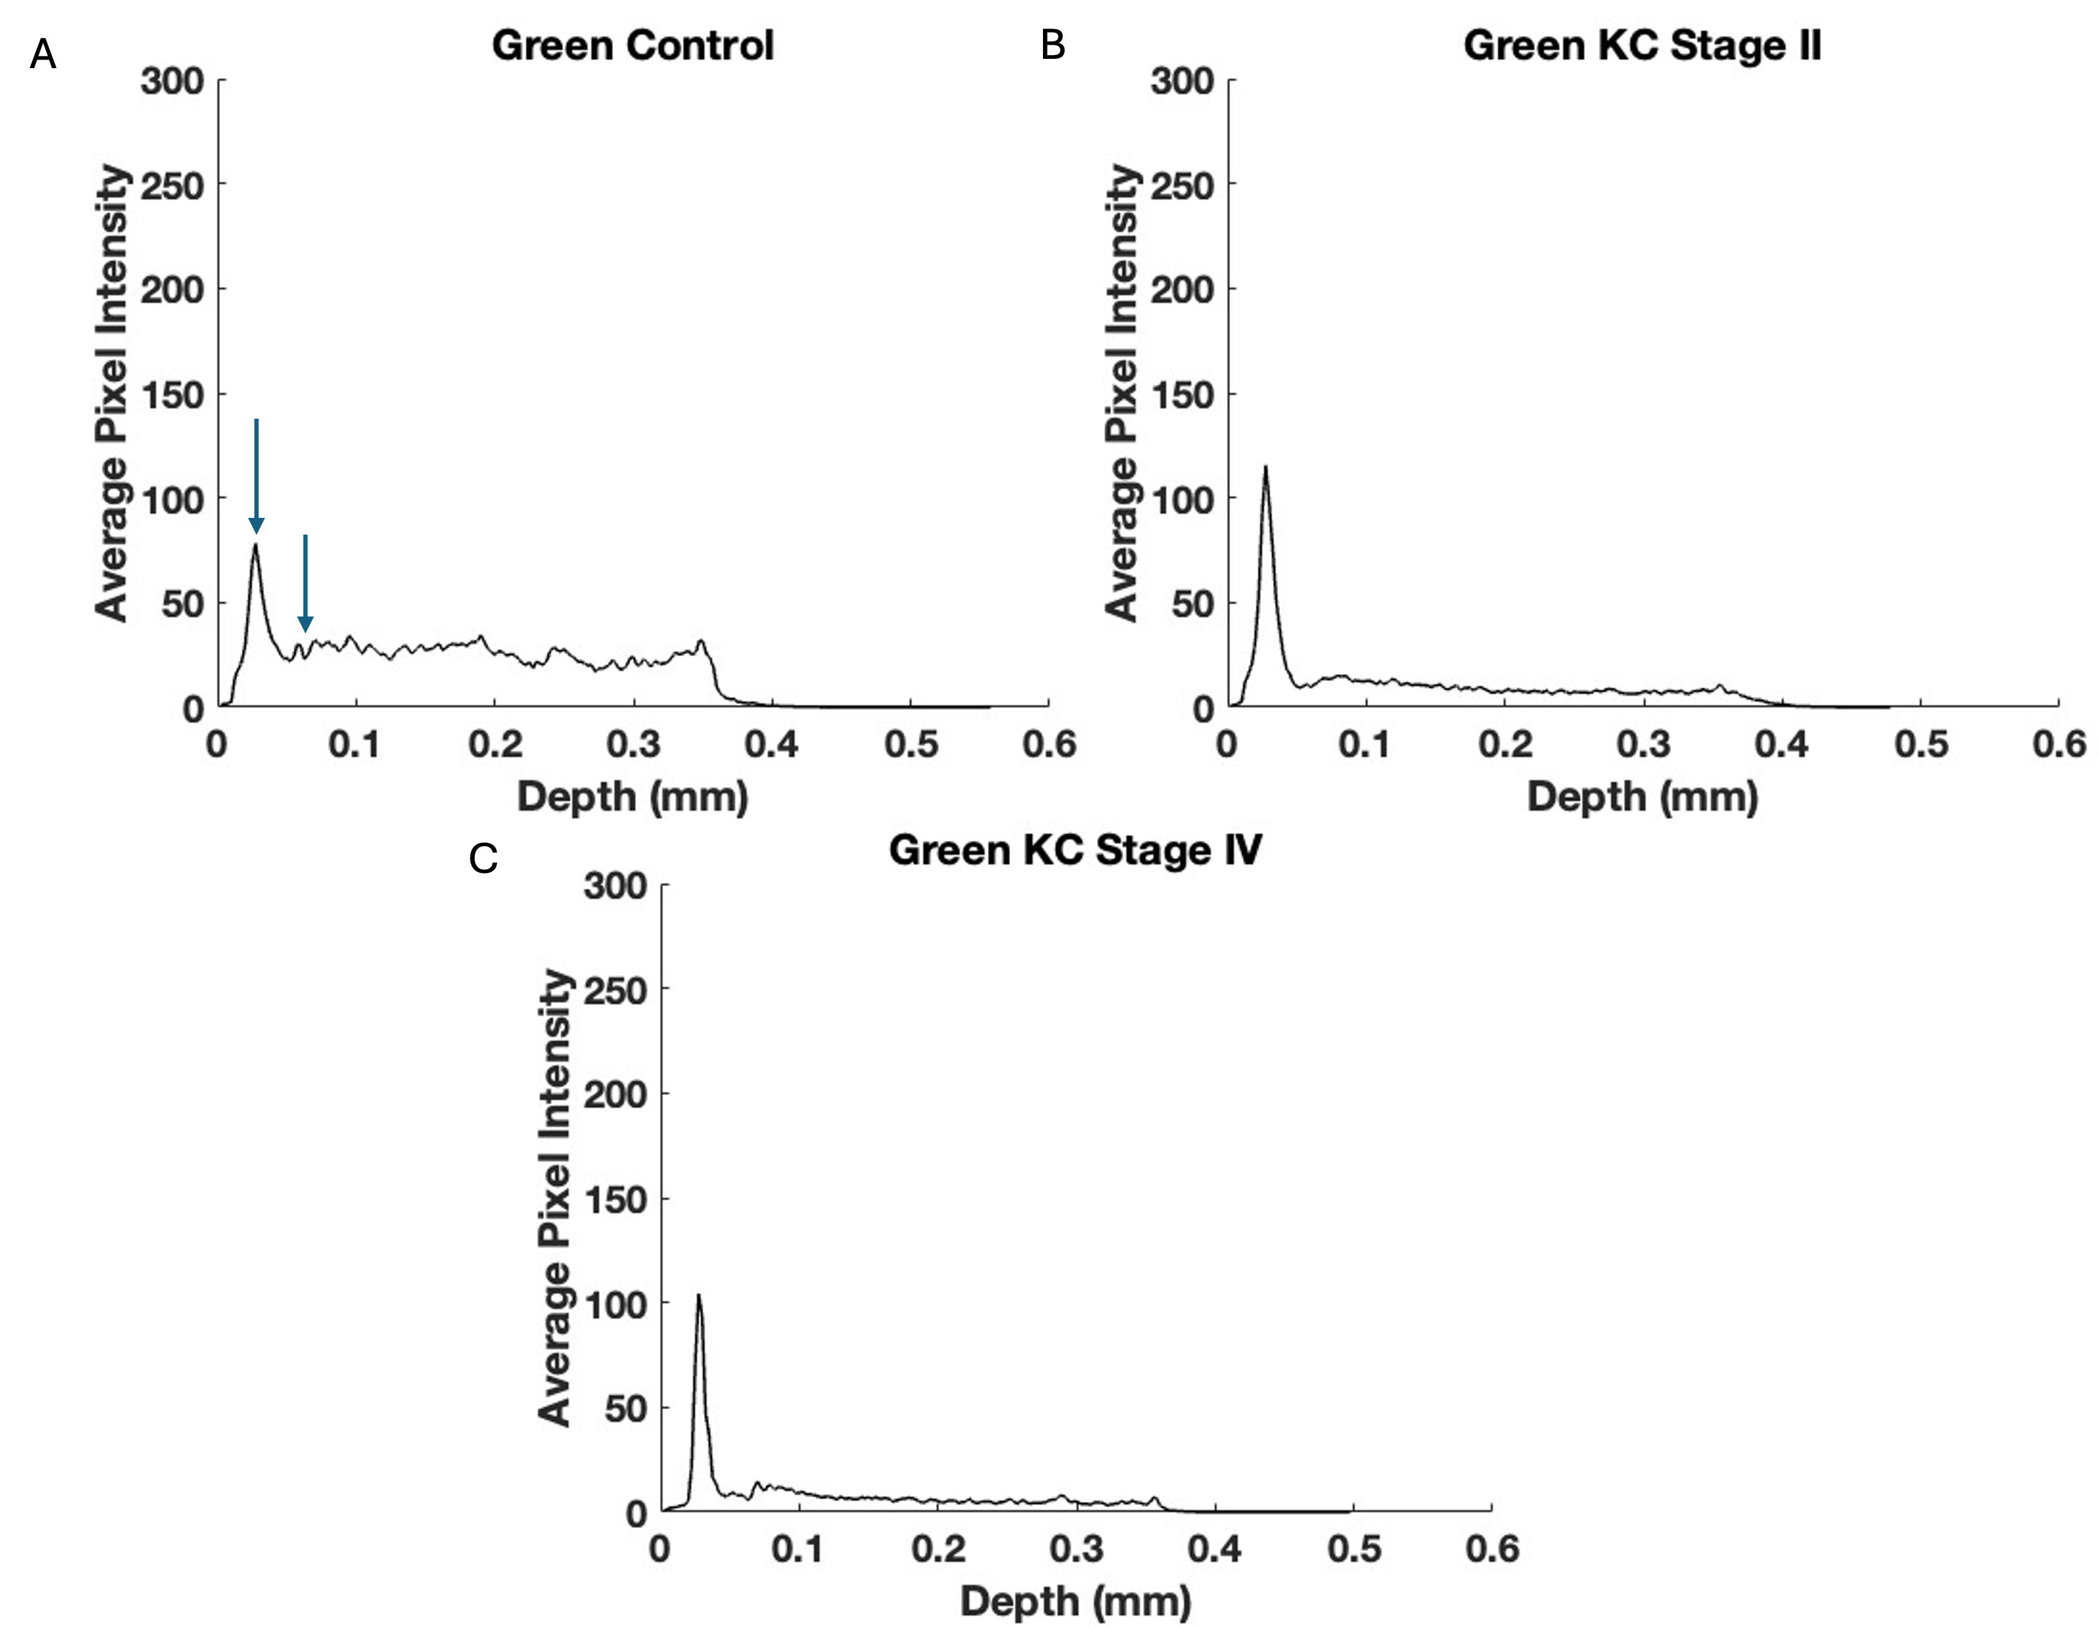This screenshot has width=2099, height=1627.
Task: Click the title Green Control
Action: [632, 45]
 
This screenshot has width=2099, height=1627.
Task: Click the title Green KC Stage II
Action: [1642, 45]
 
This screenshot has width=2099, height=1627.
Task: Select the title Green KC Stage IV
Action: [1075, 849]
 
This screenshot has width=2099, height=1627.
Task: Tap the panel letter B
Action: [1052, 45]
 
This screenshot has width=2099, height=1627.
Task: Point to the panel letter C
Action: [483, 858]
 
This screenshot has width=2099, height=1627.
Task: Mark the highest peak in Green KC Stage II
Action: [1265, 468]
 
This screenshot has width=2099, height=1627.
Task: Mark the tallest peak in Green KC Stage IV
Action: [698, 1296]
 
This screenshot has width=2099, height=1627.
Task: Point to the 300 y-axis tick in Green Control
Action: [172, 81]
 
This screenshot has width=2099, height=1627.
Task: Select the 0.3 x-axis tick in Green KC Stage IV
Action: [1076, 1549]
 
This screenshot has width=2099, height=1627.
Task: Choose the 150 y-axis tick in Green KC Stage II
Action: [1182, 394]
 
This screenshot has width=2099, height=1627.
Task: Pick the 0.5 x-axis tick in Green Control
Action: [910, 745]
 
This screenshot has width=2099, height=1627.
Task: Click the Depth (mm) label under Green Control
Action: [632, 797]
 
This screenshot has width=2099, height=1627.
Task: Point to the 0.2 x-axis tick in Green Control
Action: [495, 745]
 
